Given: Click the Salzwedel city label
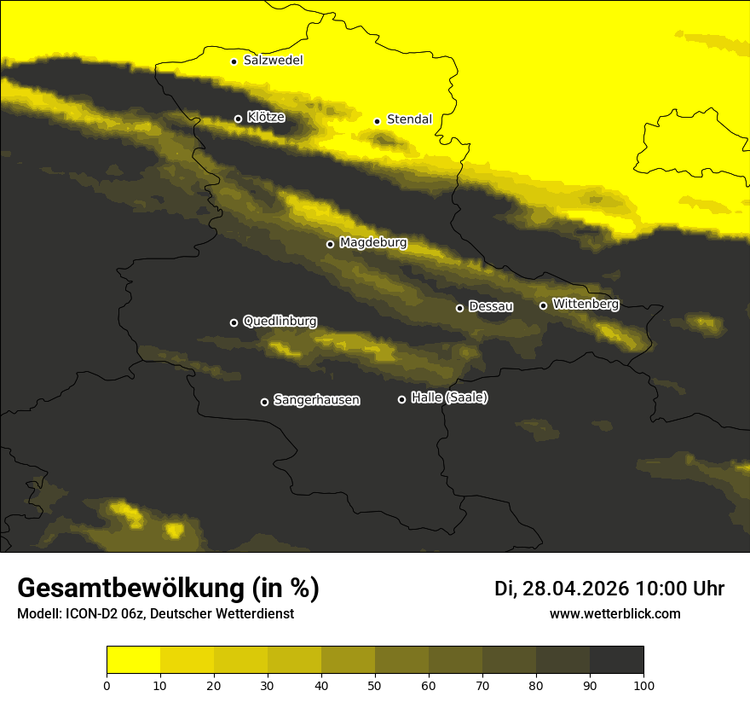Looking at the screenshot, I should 273,61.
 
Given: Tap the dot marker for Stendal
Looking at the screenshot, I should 377,121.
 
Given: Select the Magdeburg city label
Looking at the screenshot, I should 373,243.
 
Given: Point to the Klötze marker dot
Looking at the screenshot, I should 238,119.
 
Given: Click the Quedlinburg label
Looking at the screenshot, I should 280,322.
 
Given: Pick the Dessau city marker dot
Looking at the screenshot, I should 459,308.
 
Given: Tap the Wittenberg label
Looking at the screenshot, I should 586,304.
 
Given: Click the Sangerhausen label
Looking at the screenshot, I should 316,400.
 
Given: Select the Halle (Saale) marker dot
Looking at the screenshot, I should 401,399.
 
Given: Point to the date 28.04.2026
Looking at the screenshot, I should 576,589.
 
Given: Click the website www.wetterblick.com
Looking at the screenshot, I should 615,613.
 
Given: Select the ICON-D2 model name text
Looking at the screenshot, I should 96,614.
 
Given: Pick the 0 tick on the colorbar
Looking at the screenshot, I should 107,685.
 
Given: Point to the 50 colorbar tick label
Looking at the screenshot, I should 375,685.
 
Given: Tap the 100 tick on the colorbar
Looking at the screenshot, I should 643,685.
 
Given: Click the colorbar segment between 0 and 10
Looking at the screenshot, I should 133,660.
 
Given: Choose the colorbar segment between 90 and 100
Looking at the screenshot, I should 616,660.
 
